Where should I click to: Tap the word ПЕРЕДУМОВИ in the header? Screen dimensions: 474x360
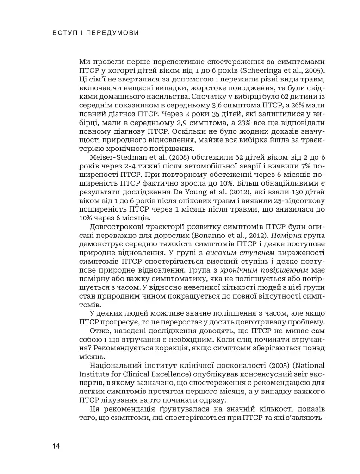113,33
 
